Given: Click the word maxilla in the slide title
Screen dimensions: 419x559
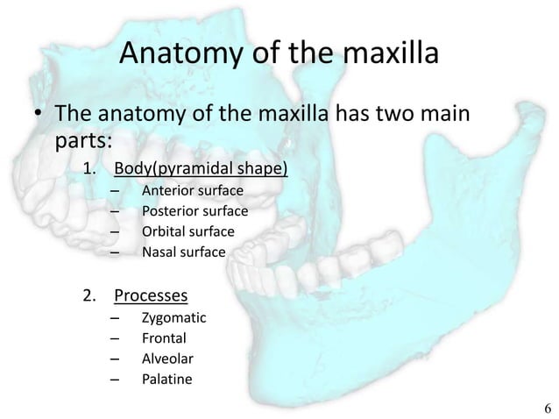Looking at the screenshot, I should [382, 54].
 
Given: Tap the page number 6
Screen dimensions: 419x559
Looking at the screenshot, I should [547, 408].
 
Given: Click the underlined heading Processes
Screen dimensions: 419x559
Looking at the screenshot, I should [159, 294].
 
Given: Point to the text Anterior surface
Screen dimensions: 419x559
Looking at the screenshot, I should [192, 190].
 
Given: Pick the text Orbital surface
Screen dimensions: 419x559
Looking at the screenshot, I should [187, 232].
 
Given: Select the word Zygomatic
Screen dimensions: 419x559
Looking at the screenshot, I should [173, 317].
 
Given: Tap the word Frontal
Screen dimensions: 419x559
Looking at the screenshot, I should [163, 337].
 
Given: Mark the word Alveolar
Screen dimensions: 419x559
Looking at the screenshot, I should [166, 359].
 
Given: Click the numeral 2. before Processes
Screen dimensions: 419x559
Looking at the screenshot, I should [90, 294].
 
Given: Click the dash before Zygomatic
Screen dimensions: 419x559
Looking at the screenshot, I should [116, 317].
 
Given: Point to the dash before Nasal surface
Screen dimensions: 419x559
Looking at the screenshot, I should [116, 253].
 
